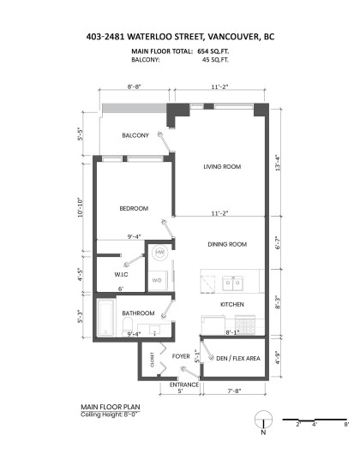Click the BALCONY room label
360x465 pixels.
[x=135, y=136]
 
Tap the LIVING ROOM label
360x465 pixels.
[x=220, y=167]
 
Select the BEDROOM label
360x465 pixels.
[x=134, y=209]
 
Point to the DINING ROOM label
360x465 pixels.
[x=226, y=245]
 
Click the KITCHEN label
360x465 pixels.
[x=233, y=305]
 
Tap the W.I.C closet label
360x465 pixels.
[x=121, y=274]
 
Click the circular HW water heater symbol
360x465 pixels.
[x=159, y=253]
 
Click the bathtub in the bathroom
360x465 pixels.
[x=106, y=318]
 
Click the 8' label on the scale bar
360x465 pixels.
[x=345, y=424]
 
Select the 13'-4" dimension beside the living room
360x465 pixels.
[x=276, y=163]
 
